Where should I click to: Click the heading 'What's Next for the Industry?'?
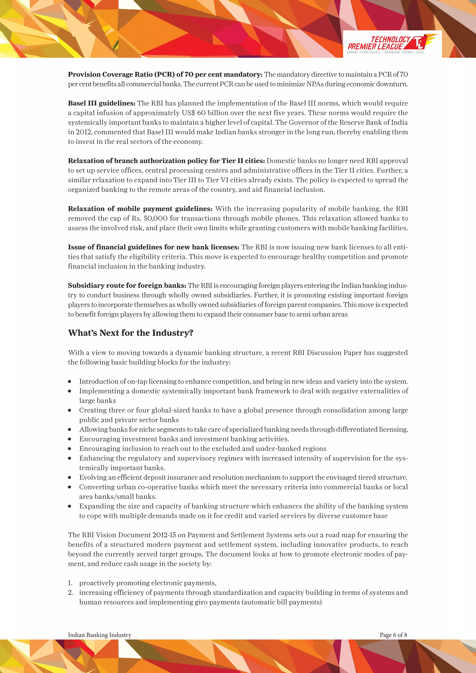130,333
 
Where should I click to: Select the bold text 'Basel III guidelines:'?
101,103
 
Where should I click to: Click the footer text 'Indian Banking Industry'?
100,635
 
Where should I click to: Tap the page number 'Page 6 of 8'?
393,635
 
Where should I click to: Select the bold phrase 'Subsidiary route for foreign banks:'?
127,286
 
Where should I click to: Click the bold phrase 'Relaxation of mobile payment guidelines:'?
140,209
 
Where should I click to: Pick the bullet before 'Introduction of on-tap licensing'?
69,382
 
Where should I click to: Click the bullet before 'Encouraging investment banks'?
69,439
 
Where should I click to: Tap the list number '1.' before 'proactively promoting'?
70,583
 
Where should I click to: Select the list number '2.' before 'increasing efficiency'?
70,593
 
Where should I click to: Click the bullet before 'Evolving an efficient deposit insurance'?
69,478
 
